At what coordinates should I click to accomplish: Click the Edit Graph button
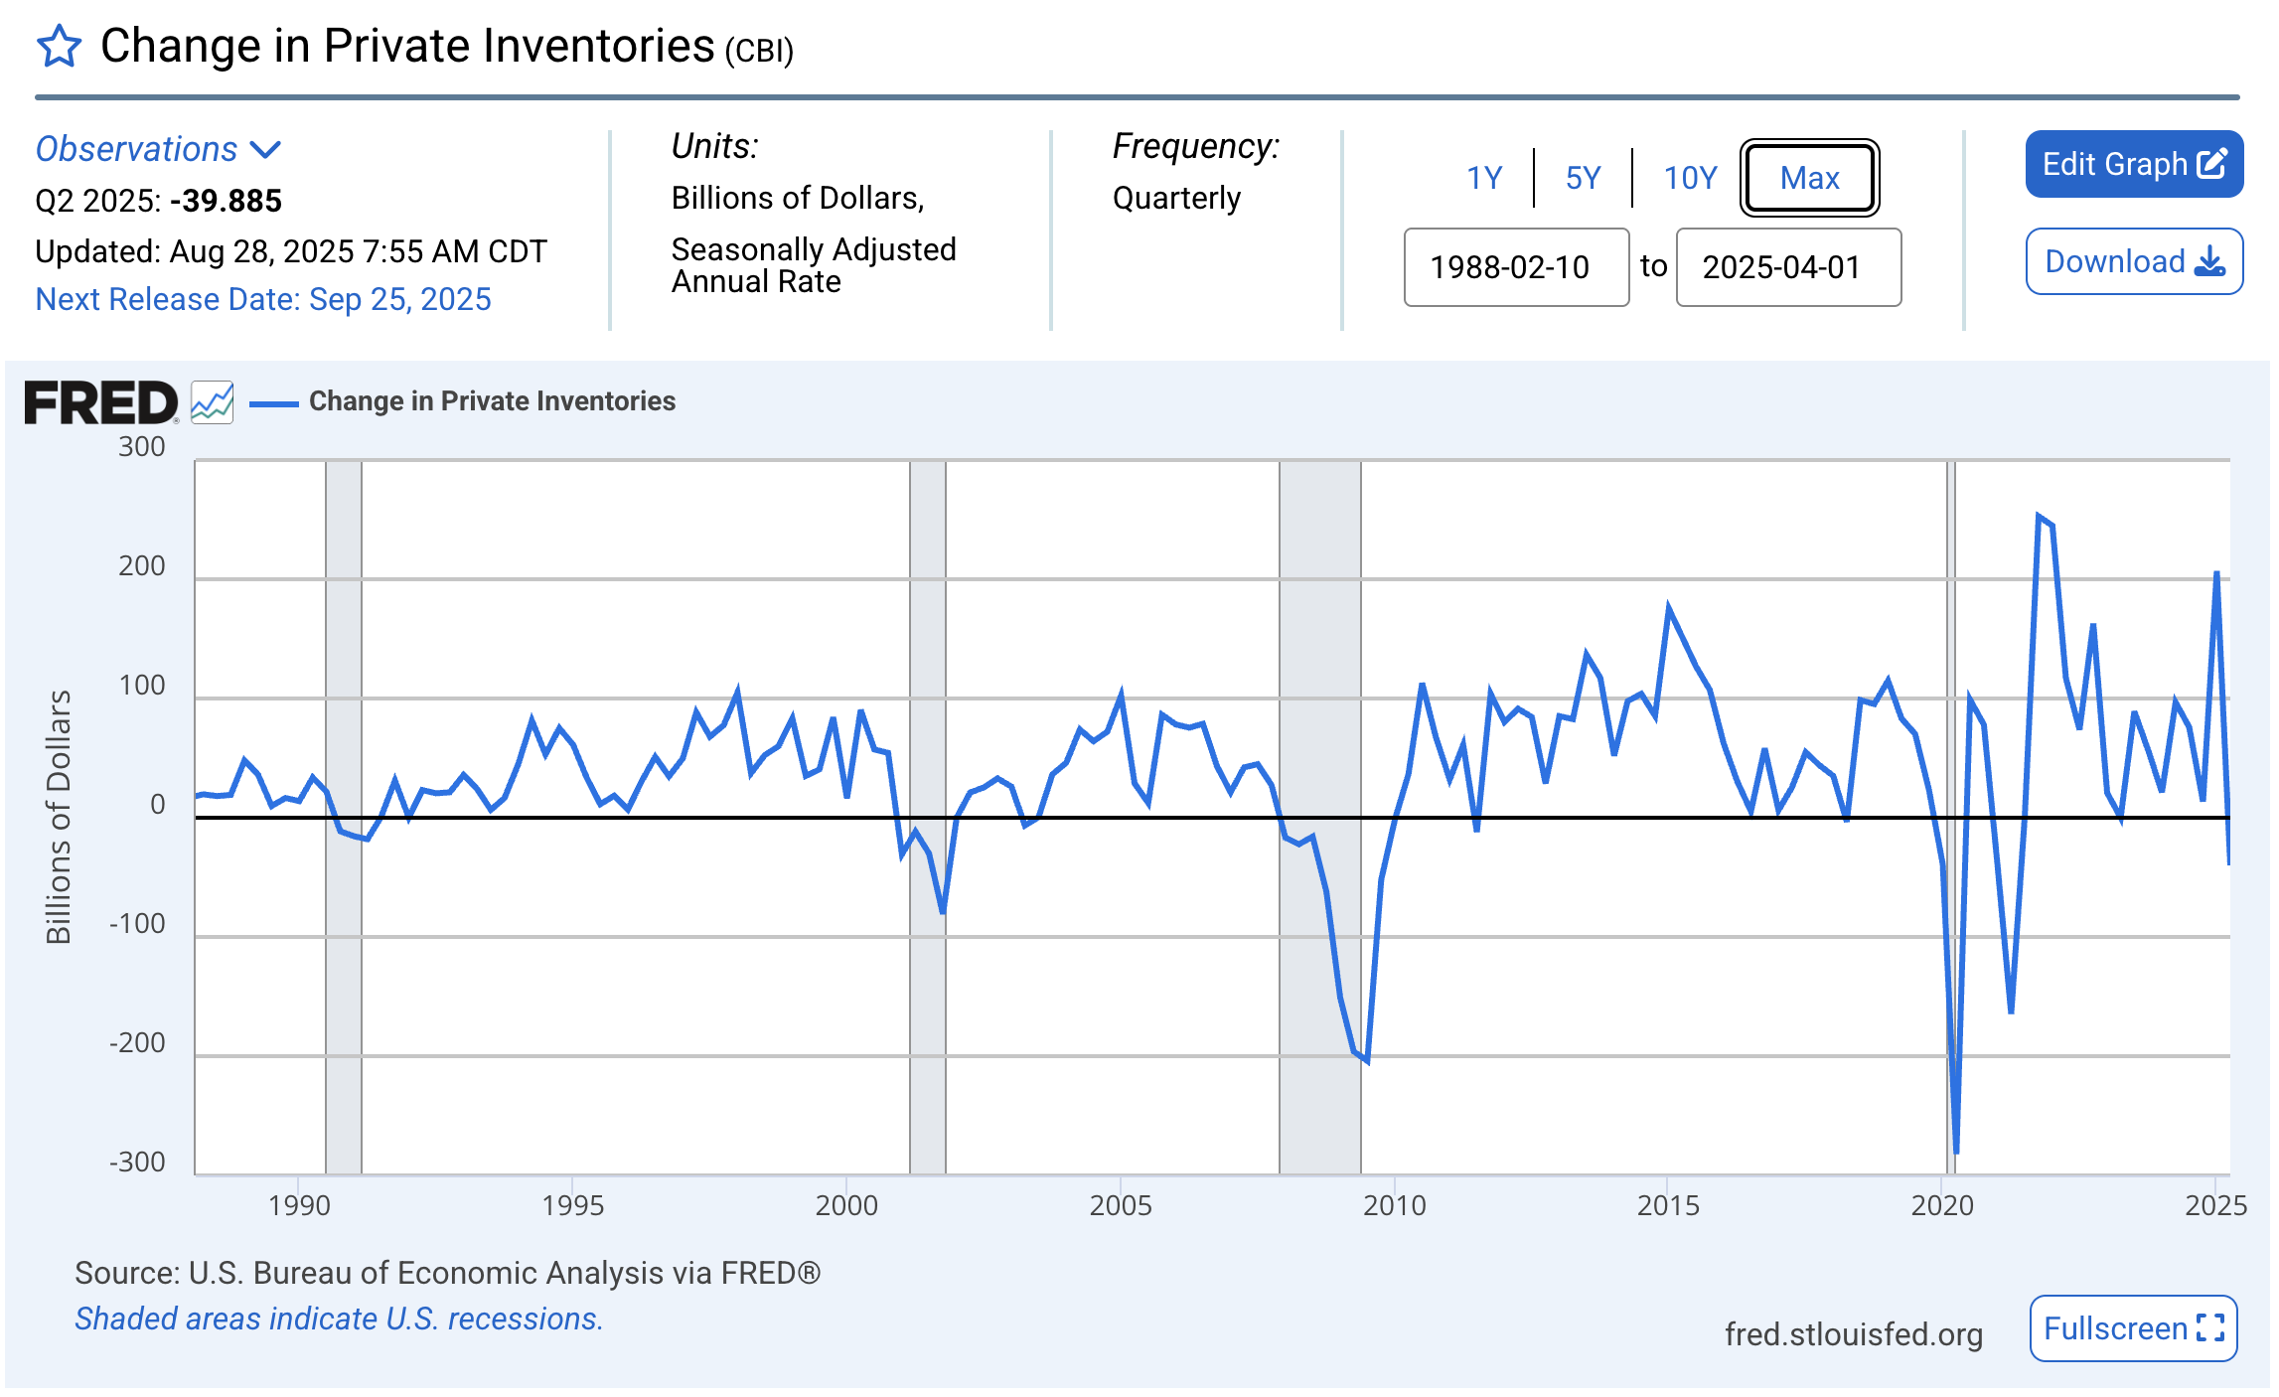2133,164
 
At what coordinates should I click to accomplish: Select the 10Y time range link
1689,178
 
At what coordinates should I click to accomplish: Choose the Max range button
1808,178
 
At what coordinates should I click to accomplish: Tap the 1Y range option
1484,178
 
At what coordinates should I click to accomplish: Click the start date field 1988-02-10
1515,267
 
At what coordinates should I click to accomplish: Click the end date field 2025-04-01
1787,267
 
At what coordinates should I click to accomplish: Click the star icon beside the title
59,47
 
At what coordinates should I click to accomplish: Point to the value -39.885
226,201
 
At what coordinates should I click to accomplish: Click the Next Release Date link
263,299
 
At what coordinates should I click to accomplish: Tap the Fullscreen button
2132,1328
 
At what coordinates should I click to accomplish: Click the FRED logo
100,402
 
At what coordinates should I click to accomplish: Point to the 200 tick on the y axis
142,566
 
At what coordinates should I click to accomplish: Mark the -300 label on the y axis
138,1163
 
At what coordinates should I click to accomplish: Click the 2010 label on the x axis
1394,1205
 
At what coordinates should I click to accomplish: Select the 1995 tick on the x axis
572,1205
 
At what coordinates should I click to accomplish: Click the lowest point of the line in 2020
1956,1152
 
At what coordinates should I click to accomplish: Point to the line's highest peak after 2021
2038,516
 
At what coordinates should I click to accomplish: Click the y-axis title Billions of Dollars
59,816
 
